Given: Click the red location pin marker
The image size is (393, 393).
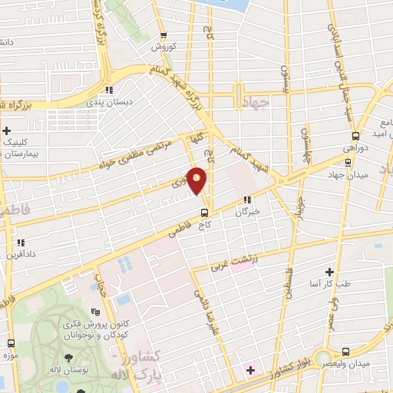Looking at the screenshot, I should [198, 180].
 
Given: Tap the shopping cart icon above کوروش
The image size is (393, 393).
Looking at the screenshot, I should [163, 35].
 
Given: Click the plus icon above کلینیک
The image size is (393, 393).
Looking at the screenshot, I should [7, 131].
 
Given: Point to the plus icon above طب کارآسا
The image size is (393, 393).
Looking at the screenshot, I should [330, 272].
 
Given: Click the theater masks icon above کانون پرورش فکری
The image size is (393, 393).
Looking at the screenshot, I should [95, 312].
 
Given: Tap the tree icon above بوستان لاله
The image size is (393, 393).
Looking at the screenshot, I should [69, 358].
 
